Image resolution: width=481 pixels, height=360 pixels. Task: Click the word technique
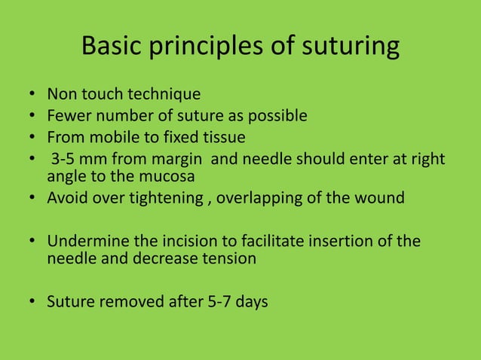pyautogui.click(x=164, y=95)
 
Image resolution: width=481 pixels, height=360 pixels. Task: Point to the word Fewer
pyautogui.click(x=66, y=117)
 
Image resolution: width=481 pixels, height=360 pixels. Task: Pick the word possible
pyautogui.click(x=280, y=117)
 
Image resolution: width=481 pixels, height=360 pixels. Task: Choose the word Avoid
pyautogui.click(x=66, y=200)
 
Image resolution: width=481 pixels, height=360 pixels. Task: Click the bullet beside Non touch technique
pyautogui.click(x=32, y=96)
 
